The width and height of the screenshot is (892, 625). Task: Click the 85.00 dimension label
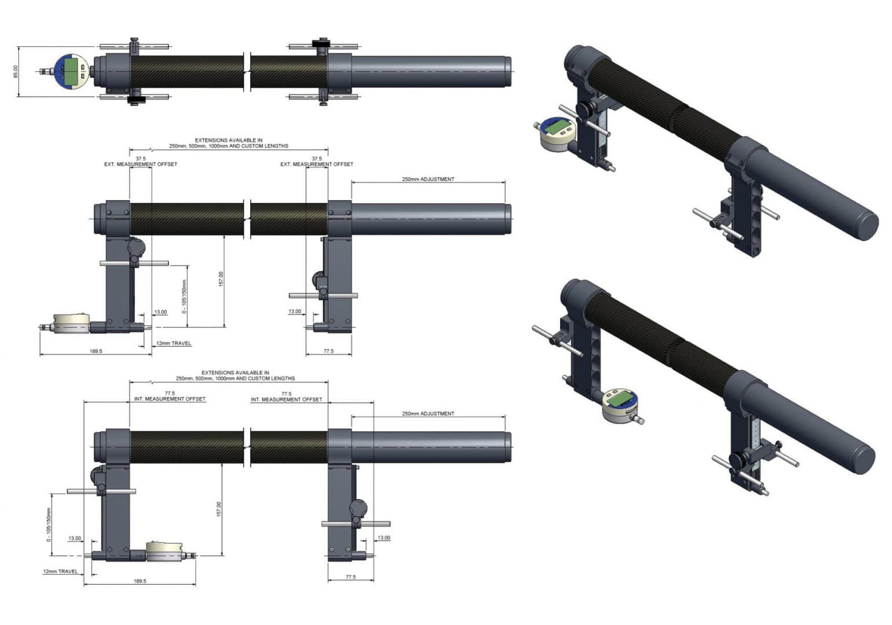[16, 72]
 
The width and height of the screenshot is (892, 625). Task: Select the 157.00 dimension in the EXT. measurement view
[221, 279]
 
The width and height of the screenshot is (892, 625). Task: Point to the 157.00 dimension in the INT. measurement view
[218, 509]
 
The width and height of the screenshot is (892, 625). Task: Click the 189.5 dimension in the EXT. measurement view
[96, 351]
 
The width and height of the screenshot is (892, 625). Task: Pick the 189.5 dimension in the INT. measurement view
[140, 581]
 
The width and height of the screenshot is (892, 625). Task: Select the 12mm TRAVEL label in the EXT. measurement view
[174, 343]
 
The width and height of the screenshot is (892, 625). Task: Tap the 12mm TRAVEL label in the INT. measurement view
[60, 572]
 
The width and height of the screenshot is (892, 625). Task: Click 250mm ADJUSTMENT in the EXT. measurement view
[428, 179]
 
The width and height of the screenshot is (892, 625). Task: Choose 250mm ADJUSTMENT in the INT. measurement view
[428, 414]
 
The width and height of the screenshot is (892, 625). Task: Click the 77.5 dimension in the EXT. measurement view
[328, 351]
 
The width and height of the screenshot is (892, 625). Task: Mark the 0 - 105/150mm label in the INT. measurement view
[49, 525]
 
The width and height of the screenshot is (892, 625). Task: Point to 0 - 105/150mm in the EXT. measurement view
[184, 296]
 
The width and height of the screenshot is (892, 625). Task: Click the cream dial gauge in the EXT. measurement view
[72, 323]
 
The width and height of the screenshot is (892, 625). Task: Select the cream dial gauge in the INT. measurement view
[164, 550]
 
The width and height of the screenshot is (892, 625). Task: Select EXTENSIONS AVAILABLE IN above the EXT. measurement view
[229, 140]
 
